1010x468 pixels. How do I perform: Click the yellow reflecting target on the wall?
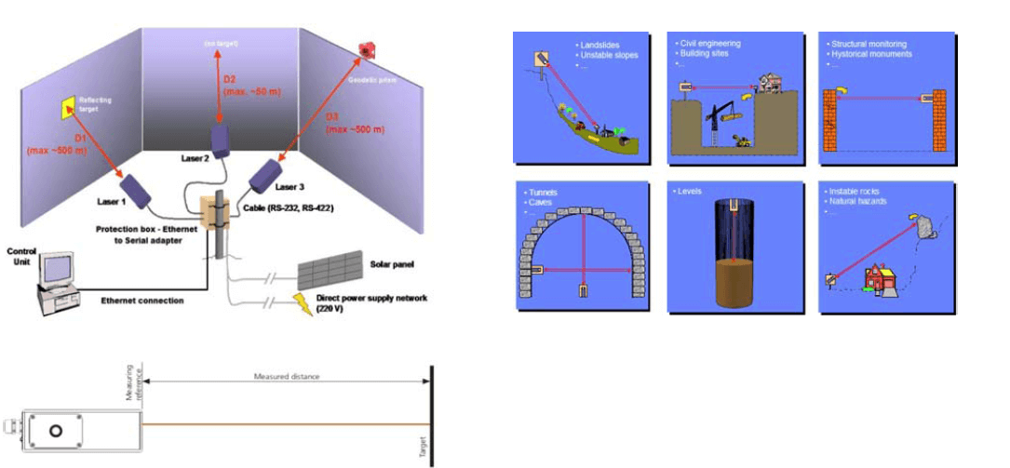[67, 108]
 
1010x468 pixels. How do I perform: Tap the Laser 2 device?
[220, 140]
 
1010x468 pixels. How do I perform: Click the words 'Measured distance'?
[286, 377]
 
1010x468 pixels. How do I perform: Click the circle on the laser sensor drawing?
[57, 431]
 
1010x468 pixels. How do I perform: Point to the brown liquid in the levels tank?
[719, 283]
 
